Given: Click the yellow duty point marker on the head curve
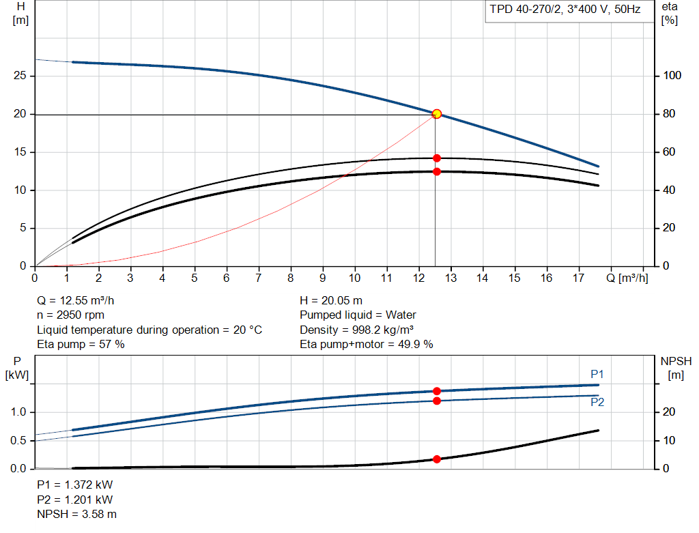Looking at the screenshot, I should point(437,114).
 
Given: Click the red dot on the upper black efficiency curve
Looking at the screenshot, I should point(437,158).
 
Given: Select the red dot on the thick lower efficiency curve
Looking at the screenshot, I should point(437,171).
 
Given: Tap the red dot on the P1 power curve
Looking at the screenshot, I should point(437,391).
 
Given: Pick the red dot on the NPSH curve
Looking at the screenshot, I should point(437,459).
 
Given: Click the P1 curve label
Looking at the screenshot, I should point(597,374).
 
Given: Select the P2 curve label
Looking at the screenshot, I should point(597,403).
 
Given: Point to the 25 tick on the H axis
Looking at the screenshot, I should point(20,76).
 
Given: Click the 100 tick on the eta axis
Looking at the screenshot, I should point(672,76).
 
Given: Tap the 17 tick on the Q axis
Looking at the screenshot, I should point(578,278).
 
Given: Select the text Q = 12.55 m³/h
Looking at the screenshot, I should point(80,300).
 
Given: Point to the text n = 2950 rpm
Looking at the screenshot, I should point(72,315).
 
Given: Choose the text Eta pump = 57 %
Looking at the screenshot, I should point(81,345).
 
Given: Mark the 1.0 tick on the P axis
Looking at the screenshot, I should point(18,412).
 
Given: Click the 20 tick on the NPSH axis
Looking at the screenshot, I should point(670,412).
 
